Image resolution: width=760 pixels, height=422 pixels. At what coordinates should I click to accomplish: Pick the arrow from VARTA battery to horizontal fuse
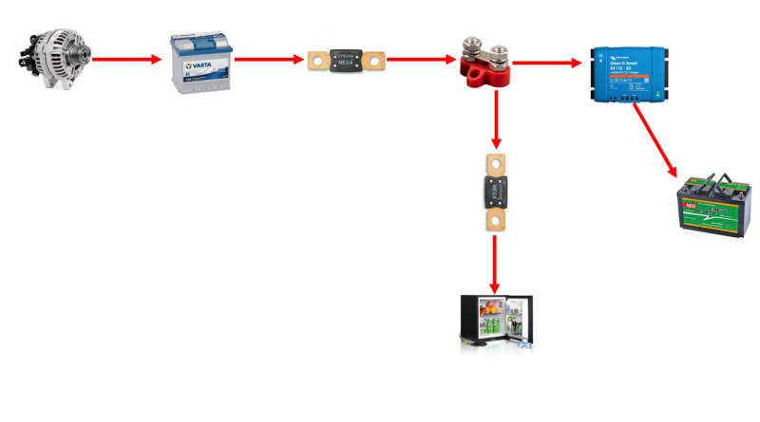tap(270, 60)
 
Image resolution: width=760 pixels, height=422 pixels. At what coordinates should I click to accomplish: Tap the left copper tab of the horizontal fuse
tap(317, 62)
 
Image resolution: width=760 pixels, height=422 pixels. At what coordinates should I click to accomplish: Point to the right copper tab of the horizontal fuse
tap(377, 62)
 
